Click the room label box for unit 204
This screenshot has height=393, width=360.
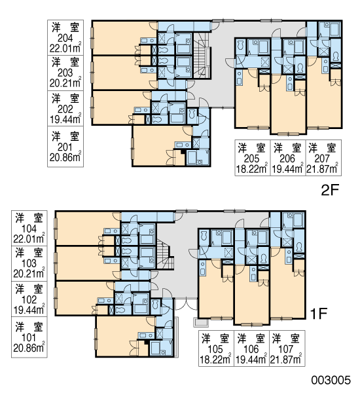point(65,37)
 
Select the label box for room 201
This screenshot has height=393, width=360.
point(65,146)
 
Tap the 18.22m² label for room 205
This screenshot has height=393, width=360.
point(251,169)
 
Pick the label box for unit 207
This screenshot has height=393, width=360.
point(323,158)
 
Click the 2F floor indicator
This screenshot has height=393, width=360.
point(330,191)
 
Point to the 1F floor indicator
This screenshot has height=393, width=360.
point(318,313)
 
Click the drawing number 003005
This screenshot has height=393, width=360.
point(331,380)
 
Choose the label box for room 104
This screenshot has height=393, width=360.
point(29,228)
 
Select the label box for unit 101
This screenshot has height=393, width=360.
point(29,337)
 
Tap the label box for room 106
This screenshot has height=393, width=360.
point(251,348)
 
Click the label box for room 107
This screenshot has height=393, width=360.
point(287,348)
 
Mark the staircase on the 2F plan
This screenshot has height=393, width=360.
point(202,56)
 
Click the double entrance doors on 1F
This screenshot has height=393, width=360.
point(187,303)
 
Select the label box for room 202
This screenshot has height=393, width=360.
point(65,109)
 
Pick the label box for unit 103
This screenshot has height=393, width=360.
point(29,263)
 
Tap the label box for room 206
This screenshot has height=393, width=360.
point(288,158)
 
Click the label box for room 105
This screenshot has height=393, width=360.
point(216,348)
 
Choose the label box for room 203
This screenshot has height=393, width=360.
point(65,73)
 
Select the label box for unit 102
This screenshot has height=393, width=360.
point(29,299)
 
